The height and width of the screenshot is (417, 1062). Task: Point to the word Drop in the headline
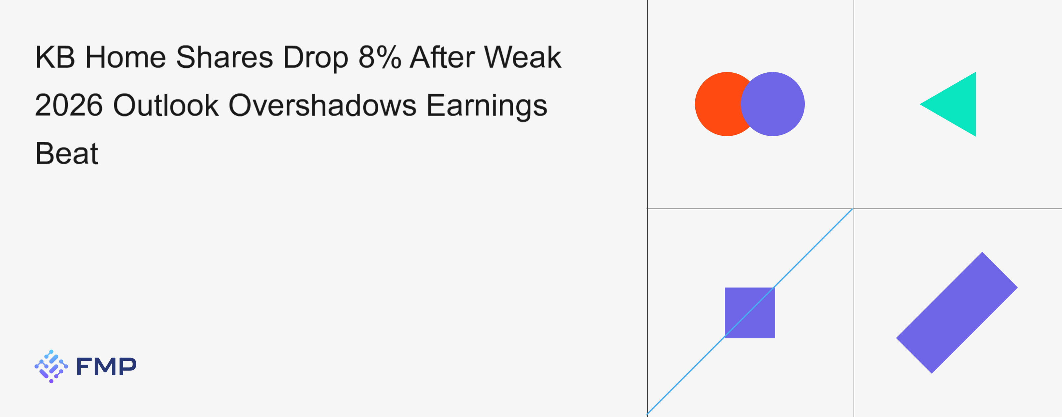coord(315,58)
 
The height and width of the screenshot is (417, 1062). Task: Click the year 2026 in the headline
coord(69,105)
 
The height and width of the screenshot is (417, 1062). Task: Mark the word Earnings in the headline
coord(487,107)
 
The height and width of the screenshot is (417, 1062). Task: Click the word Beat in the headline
coord(67,153)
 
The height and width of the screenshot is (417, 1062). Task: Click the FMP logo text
coord(106,366)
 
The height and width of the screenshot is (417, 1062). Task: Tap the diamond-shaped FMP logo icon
coord(51,366)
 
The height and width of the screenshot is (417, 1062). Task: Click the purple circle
coord(773,104)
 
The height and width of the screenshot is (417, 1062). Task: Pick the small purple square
coord(750,313)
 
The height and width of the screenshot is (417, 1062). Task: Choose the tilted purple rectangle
coord(957,313)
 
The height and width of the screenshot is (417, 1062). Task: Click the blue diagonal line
coord(750,311)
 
